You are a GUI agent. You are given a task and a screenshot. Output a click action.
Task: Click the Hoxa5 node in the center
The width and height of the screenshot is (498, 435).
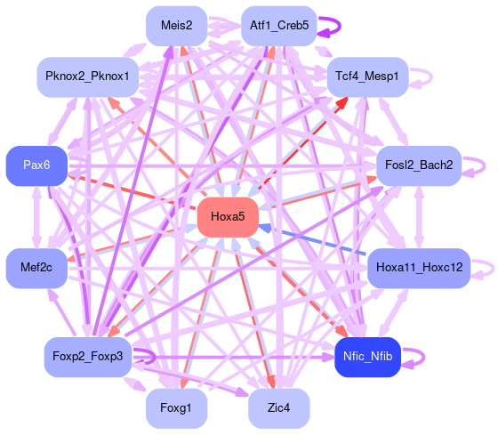[228, 217]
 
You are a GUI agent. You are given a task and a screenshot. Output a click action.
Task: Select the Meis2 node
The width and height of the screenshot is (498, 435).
[177, 26]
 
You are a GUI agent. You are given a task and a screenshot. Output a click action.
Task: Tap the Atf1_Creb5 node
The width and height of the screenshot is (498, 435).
[279, 26]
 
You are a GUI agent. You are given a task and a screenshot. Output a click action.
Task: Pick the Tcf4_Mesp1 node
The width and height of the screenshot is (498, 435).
[367, 77]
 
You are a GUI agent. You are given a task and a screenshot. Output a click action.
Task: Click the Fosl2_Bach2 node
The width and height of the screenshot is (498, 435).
[419, 165]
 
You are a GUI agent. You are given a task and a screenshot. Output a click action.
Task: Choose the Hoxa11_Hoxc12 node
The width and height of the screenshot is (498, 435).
[419, 268]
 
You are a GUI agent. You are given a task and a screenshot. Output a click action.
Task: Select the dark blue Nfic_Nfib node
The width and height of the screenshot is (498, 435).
[368, 357]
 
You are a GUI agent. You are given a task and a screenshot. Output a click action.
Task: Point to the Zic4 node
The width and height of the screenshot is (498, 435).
[279, 408]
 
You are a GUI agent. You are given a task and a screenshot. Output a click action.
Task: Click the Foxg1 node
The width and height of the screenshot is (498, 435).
[177, 408]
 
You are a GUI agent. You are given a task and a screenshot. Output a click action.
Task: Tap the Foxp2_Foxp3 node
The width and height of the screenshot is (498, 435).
[88, 357]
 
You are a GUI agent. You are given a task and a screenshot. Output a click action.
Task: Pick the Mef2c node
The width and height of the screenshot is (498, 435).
[36, 268]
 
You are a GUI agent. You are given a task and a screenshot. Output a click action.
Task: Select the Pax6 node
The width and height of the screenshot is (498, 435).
[36, 165]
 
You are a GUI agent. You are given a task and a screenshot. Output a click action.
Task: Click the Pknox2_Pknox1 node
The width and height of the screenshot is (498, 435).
[88, 77]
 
